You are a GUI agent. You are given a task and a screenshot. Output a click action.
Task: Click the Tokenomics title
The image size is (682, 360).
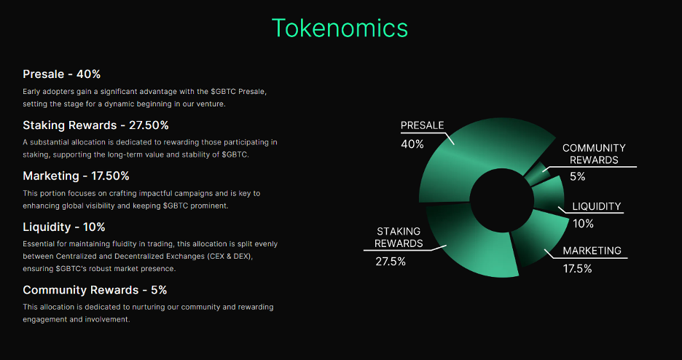tap(340, 28)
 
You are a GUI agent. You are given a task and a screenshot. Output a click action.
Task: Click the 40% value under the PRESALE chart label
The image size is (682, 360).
tap(412, 144)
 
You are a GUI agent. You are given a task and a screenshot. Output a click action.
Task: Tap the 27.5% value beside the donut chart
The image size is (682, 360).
tap(391, 262)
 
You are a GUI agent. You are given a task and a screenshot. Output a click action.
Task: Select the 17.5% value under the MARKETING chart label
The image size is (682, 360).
tap(578, 269)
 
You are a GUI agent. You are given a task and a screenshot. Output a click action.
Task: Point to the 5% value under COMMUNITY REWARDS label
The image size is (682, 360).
tap(577, 176)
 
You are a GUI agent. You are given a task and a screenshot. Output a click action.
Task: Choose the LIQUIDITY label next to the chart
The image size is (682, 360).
tap(596, 206)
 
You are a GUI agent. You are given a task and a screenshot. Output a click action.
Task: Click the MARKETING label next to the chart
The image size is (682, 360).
tap(592, 251)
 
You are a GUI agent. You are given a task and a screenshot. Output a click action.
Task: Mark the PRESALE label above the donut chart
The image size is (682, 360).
tap(422, 125)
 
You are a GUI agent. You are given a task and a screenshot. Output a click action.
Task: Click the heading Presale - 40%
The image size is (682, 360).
tap(61, 74)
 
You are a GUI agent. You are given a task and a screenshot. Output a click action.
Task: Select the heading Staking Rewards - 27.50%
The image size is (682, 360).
tap(95, 125)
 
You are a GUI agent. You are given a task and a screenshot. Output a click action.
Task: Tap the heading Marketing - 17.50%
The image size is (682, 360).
tap(76, 176)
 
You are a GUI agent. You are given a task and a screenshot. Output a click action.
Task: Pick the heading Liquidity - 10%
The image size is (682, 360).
tap(64, 227)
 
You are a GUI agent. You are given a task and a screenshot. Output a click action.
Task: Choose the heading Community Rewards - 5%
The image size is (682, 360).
tap(95, 290)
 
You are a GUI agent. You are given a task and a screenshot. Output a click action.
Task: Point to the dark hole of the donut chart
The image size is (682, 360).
tap(501, 200)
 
